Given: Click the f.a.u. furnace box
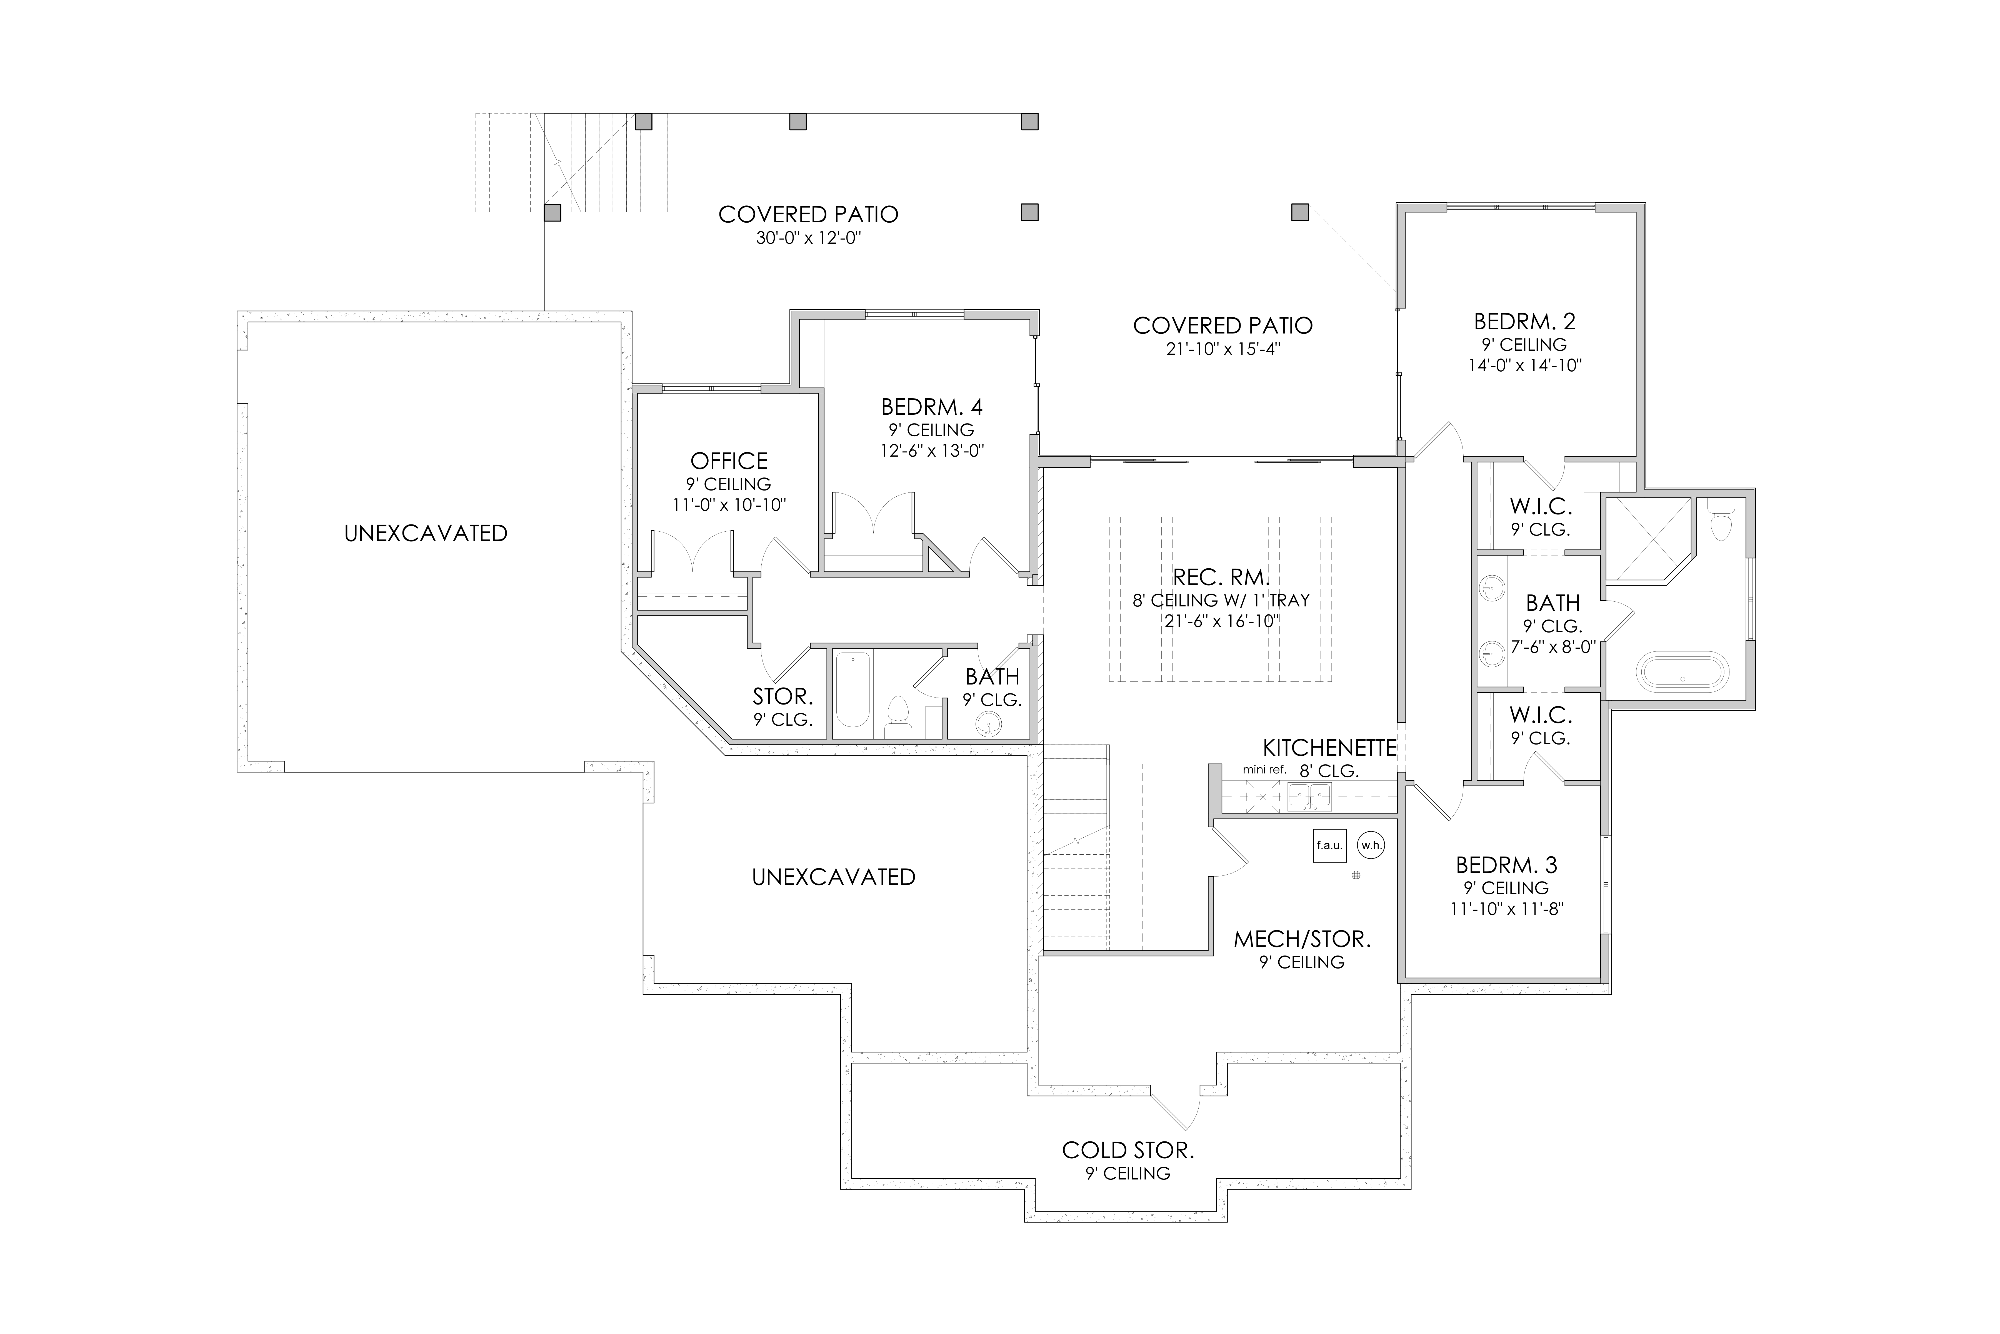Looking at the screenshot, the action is (x=1329, y=846).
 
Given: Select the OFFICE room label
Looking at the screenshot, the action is (x=729, y=461).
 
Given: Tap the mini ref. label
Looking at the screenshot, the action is (x=1264, y=770).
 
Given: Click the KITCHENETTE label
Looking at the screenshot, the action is (x=1330, y=748).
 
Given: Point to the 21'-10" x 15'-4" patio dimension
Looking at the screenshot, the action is (x=1223, y=350).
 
